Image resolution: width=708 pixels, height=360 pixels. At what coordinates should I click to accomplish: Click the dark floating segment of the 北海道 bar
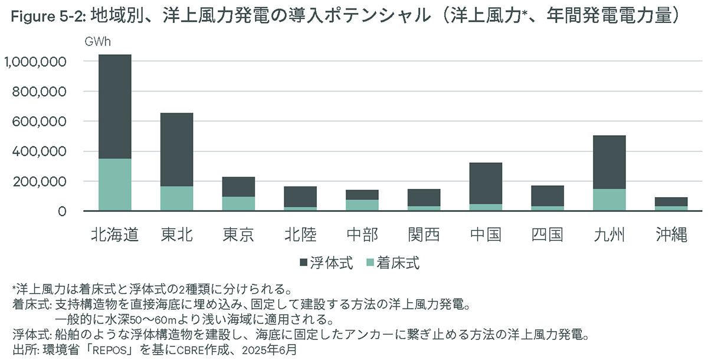(114, 106)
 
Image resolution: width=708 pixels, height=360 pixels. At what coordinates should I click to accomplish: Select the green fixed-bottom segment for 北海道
(114, 184)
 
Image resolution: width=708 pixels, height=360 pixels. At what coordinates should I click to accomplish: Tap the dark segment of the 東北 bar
(176, 149)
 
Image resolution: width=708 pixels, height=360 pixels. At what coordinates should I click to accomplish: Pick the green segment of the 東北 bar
(176, 198)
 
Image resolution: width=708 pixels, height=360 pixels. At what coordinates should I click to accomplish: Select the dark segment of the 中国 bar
(486, 183)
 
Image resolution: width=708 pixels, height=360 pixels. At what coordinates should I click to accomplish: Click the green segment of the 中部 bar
(362, 205)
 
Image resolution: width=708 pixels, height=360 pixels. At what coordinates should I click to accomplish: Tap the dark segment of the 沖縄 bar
(671, 201)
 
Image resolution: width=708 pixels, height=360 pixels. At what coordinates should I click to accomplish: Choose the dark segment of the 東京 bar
(238, 186)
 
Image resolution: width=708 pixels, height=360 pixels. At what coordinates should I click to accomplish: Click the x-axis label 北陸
(300, 235)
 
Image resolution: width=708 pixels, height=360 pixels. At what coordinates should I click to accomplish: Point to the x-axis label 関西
(424, 235)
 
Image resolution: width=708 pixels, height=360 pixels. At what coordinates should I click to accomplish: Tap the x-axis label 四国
(548, 235)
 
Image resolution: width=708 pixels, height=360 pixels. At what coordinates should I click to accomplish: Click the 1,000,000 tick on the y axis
(34, 61)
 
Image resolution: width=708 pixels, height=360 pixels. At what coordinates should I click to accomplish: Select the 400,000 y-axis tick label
(37, 151)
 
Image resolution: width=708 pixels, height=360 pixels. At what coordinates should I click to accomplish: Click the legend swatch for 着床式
(371, 263)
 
